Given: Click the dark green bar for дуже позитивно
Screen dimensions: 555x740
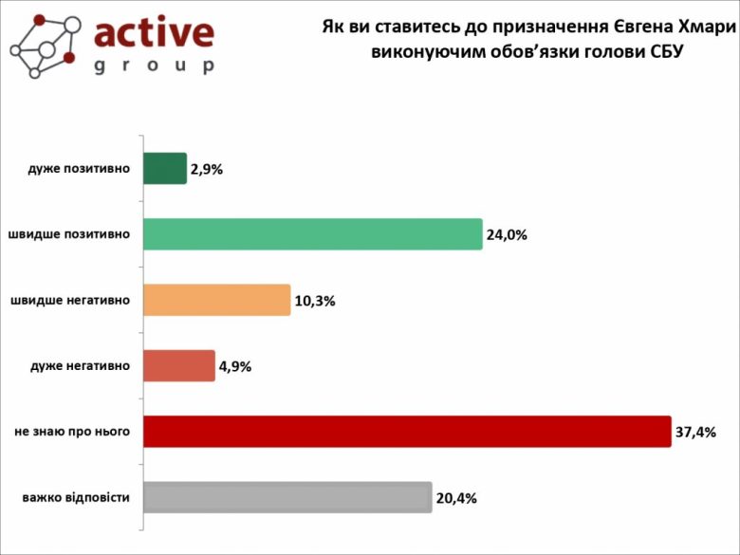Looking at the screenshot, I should point(165,169).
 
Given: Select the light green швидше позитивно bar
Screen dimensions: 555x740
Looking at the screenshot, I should point(312,234).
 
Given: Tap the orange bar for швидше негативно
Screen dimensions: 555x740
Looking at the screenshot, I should point(216,300).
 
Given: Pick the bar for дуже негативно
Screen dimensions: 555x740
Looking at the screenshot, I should point(179,366).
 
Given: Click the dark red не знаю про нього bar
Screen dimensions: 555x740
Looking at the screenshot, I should point(407,432).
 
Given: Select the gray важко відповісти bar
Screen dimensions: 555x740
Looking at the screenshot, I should point(287,497).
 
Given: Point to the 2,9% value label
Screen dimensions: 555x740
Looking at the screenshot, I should point(207,170).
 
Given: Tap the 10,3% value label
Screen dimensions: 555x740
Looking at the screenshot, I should point(315,301).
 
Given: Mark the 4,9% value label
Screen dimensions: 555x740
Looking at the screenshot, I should point(234,367).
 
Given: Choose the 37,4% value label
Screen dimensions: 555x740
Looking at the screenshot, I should point(695,433).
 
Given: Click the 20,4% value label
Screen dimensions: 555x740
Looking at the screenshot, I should point(455,498).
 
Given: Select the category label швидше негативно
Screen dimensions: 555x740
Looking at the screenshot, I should point(70,301).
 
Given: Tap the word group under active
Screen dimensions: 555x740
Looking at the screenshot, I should point(154,65).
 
